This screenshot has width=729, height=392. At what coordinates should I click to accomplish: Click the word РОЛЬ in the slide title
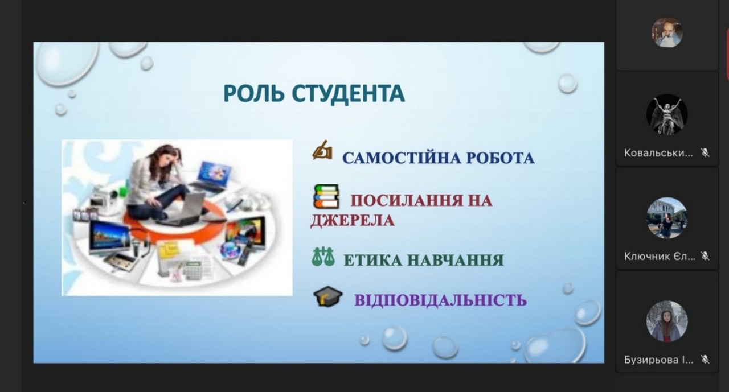tap(253, 94)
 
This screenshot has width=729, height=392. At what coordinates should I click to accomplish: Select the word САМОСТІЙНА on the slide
tap(402, 158)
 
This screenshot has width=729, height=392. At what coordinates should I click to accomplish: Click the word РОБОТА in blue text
tap(500, 158)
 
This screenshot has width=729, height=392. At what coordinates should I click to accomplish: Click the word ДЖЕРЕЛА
tap(352, 220)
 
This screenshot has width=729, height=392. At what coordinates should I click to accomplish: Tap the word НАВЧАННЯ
tap(456, 261)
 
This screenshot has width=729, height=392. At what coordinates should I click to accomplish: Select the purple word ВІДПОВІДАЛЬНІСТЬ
tap(440, 300)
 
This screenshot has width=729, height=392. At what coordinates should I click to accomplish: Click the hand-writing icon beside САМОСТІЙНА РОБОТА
tap(322, 150)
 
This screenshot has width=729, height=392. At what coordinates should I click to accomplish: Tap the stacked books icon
tap(326, 196)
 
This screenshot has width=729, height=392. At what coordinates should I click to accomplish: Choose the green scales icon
tap(323, 257)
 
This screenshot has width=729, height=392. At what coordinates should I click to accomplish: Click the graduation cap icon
tap(327, 296)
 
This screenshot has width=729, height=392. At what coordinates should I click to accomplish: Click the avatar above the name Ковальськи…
tap(667, 114)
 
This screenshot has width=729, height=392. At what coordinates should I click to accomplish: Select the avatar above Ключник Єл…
tap(667, 218)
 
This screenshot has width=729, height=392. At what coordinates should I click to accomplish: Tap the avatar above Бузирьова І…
tap(667, 321)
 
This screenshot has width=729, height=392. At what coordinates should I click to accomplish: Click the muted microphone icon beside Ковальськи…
tap(705, 152)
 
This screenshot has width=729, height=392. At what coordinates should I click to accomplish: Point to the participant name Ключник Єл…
tap(660, 256)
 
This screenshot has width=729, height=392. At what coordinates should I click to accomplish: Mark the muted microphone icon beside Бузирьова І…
tap(705, 359)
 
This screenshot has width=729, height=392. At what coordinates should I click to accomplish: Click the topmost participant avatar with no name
tap(667, 32)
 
